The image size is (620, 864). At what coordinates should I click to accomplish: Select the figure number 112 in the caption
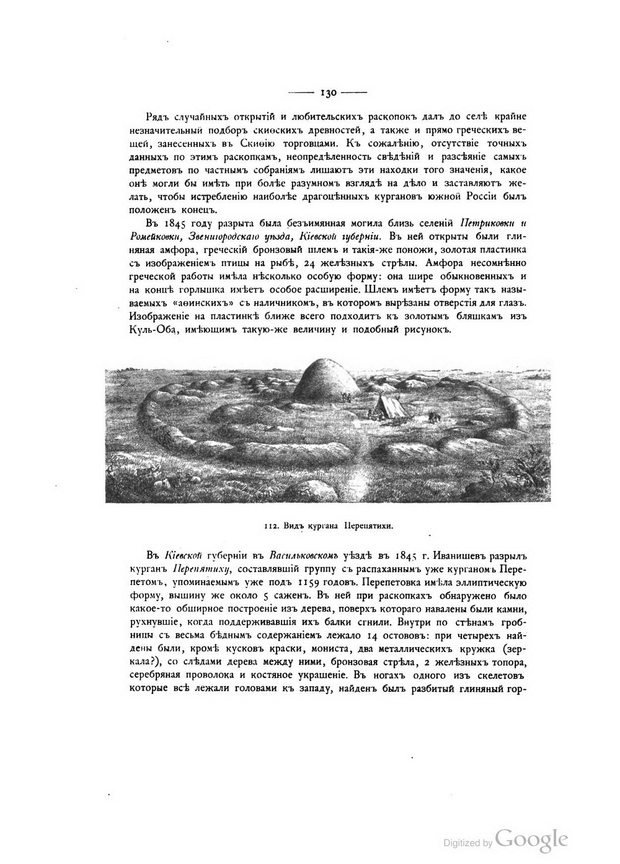[x=270, y=526]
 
